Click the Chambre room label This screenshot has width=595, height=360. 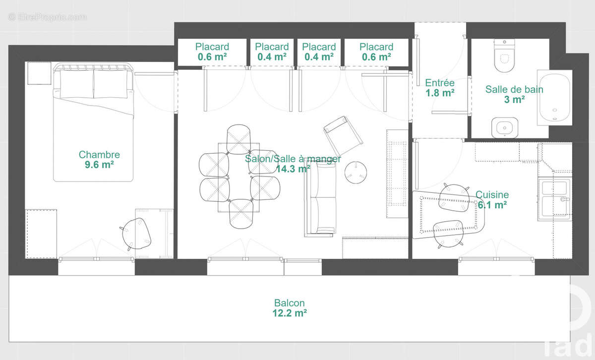99,155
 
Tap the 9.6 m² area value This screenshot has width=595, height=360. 99,165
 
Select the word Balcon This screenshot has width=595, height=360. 290,303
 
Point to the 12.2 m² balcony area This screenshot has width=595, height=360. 290,313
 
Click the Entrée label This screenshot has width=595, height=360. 440,83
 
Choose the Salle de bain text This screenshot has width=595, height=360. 514,90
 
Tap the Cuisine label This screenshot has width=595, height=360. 492,195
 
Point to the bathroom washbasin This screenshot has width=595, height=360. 505,127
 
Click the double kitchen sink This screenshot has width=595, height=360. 554,198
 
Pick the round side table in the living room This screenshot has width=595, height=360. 356,172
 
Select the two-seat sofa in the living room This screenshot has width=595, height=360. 321,198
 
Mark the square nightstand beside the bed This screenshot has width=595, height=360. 39,73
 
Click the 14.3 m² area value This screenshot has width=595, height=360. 293,169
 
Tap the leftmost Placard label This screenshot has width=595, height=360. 212,47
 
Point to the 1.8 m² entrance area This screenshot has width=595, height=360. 440,93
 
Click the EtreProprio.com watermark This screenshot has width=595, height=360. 47,17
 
